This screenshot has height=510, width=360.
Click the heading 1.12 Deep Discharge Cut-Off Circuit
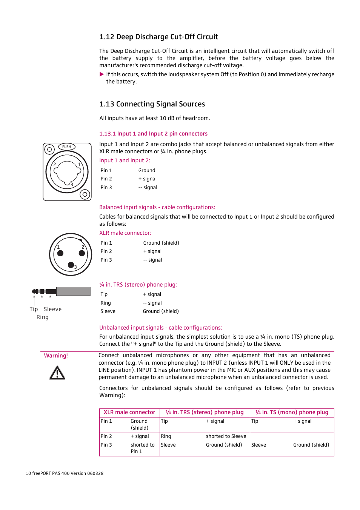click(x=158, y=37)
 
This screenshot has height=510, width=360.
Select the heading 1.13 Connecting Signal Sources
click(x=152, y=104)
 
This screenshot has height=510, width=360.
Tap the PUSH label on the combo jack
click(x=67, y=147)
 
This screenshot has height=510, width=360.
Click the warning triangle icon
click(x=57, y=373)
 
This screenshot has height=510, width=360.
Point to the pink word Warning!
click(x=56, y=356)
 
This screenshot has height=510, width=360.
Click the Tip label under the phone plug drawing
click(x=34, y=309)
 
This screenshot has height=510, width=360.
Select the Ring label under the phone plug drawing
click(x=43, y=317)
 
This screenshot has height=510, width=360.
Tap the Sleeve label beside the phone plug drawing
click(x=53, y=309)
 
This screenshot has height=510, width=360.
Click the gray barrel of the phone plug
click(x=73, y=291)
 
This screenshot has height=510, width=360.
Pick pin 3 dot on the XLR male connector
click(x=71, y=265)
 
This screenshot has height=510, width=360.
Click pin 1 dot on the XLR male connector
click(x=60, y=253)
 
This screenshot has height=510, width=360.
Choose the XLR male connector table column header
click(x=129, y=413)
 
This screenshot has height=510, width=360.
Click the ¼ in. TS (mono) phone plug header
click(x=292, y=413)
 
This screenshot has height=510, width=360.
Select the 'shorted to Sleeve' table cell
click(x=226, y=436)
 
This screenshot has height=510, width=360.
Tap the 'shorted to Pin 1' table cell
click(x=143, y=448)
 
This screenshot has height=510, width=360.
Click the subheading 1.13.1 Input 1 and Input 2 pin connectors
click(x=153, y=134)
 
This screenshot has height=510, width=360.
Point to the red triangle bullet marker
click(x=102, y=74)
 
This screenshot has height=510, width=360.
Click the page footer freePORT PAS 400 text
click(x=65, y=473)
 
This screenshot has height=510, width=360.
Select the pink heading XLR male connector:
click(x=125, y=233)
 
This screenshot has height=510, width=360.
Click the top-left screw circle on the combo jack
click(x=49, y=149)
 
